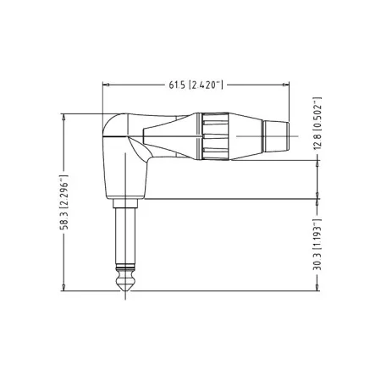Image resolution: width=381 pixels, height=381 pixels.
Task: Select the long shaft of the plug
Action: coord(124,237)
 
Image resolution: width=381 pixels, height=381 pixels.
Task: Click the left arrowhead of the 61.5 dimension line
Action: coord(105,84)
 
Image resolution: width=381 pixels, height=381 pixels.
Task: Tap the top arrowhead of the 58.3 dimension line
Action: coord(65,116)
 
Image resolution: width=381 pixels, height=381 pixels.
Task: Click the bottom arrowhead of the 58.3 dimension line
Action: coord(65,290)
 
